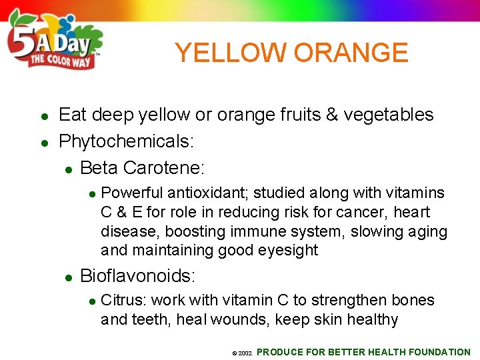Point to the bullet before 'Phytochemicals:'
pos(43,142)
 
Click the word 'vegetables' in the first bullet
pos(399,115)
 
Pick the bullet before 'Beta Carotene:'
pos(68,168)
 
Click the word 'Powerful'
pos(132,193)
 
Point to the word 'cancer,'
pos(362,212)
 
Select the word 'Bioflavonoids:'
pos(137,275)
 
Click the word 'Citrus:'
pos(123,300)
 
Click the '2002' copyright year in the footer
pos(245,353)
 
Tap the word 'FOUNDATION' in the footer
pos(440,352)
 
